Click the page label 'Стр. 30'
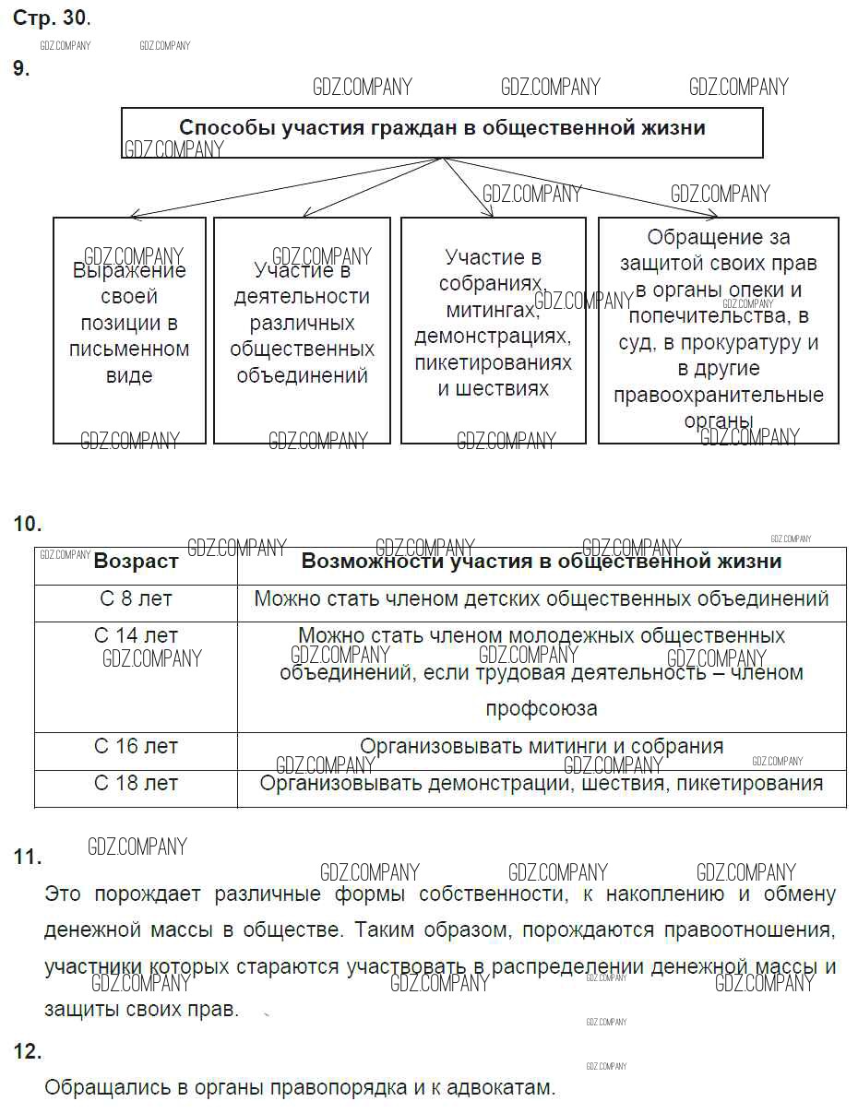tap(51, 18)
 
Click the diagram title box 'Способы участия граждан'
tap(442, 128)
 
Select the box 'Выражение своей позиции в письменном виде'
tap(129, 324)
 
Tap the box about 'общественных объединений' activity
tap(302, 324)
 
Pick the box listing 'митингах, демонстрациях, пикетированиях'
tap(493, 323)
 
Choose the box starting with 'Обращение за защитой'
tap(718, 329)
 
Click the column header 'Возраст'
tap(136, 562)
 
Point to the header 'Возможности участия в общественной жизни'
tap(542, 562)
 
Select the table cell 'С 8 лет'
tap(136, 599)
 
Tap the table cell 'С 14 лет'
tap(136, 636)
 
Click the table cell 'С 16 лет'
tap(136, 747)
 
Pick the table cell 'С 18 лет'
tap(136, 784)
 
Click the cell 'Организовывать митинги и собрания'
tap(542, 747)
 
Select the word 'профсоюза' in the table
tap(542, 709)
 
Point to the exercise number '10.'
tap(28, 525)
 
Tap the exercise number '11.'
tap(28, 857)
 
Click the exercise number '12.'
tap(28, 1051)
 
